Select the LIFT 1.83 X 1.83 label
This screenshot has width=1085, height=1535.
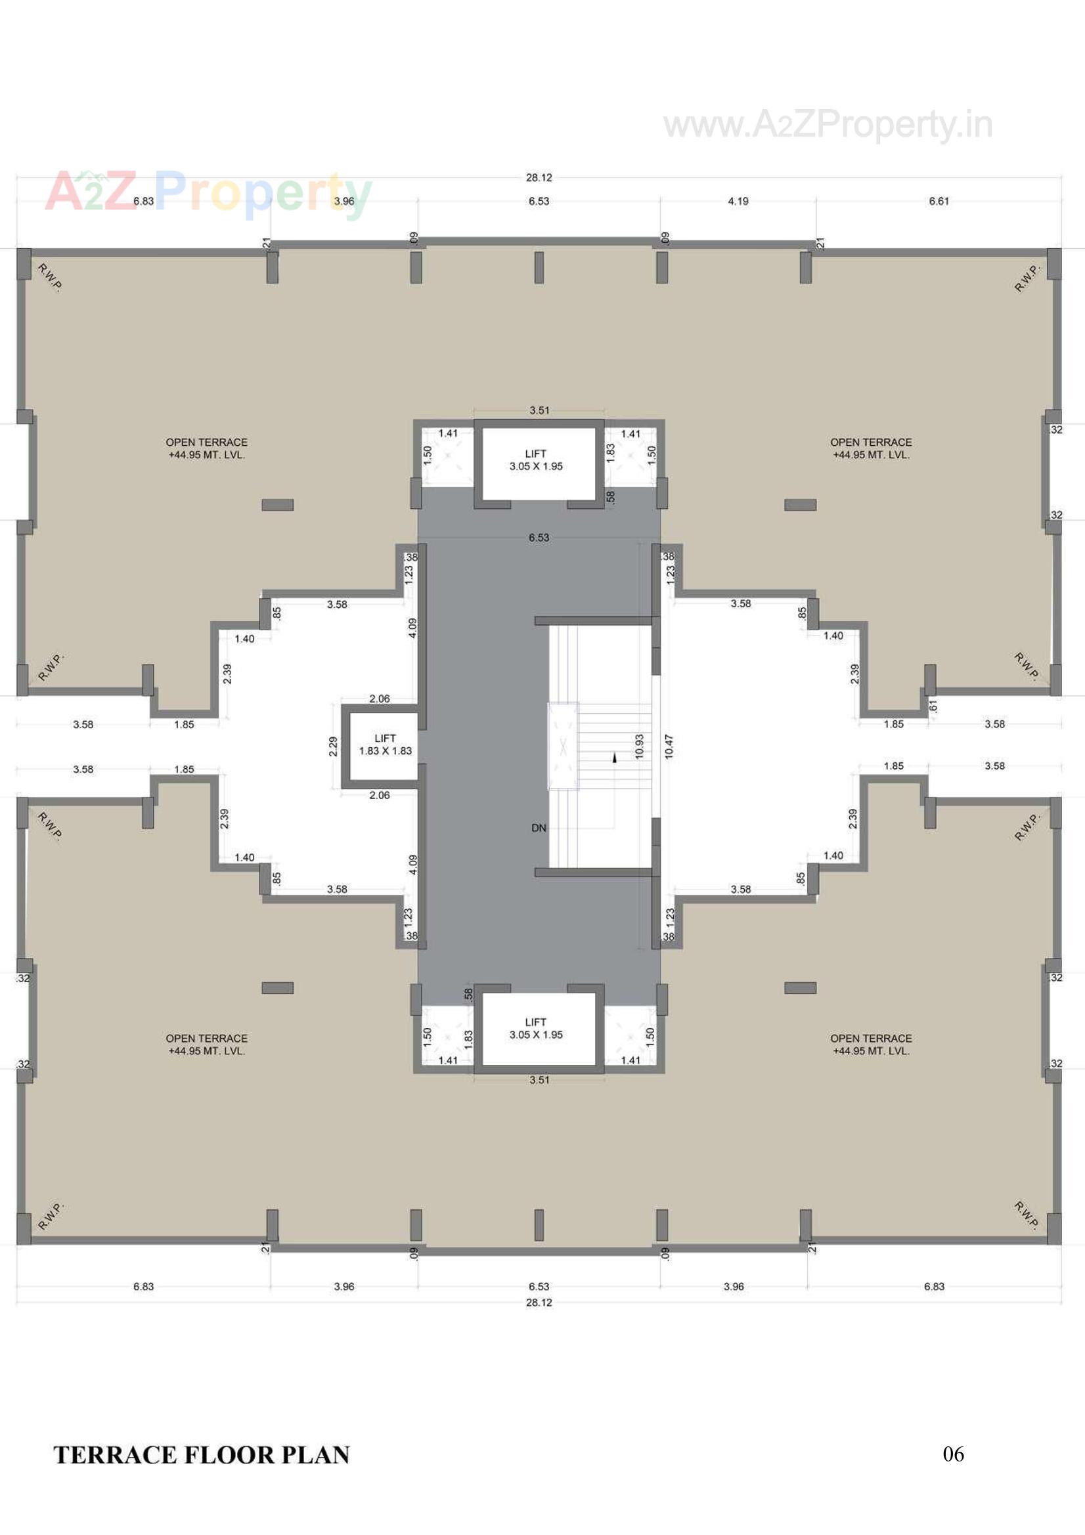[x=386, y=744]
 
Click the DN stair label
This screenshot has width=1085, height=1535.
[x=539, y=828]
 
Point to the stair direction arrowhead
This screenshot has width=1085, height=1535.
[x=614, y=758]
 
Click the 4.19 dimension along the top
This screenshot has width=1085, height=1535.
[x=738, y=202]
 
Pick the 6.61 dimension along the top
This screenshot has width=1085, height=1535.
[x=939, y=202]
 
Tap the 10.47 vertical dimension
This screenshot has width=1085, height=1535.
[x=669, y=746]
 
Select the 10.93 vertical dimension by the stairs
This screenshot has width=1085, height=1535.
[x=640, y=746]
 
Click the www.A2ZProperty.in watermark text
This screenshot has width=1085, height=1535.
[x=828, y=125]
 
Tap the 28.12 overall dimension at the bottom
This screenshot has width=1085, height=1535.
[x=539, y=1303]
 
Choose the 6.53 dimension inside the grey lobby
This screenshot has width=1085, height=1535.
[x=539, y=538]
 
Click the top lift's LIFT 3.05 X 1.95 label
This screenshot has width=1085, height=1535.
[x=536, y=460]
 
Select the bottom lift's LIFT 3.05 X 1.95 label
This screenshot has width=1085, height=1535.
[x=536, y=1028]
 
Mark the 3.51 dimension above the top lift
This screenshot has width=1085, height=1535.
[x=539, y=410]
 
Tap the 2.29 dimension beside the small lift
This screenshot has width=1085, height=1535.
[x=333, y=746]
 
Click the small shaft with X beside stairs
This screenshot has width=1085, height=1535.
[x=564, y=746]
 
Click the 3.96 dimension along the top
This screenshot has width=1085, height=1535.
[x=344, y=202]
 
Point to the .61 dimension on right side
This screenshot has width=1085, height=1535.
[x=934, y=706]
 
